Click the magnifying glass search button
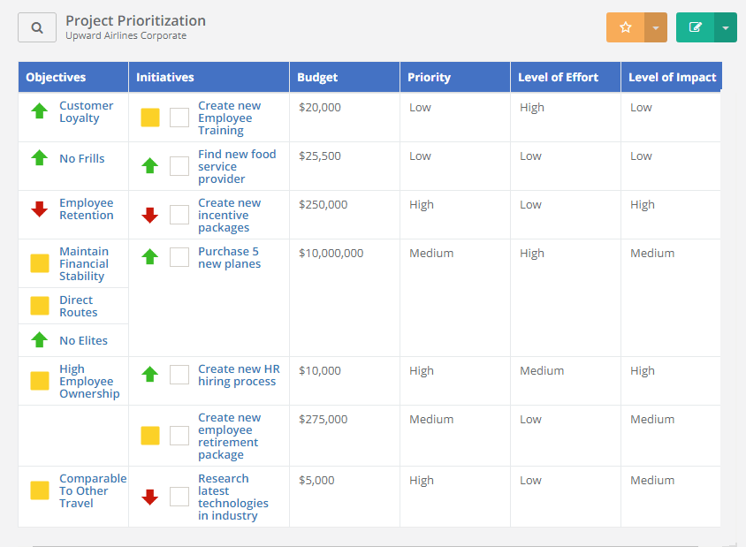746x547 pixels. click(x=37, y=27)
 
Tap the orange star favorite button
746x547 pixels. click(x=626, y=27)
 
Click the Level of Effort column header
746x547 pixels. click(x=558, y=77)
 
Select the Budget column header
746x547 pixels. click(x=317, y=77)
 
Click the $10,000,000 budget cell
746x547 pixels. click(x=331, y=253)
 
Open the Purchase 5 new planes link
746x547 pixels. click(x=229, y=257)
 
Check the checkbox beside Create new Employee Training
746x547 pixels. click(x=179, y=118)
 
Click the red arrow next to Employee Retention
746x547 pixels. click(x=39, y=209)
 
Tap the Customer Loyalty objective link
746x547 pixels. click(x=86, y=111)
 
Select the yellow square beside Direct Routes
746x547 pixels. click(x=40, y=306)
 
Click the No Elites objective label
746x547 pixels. click(x=83, y=340)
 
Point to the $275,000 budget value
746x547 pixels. click(x=323, y=419)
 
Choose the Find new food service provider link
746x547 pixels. click(x=236, y=166)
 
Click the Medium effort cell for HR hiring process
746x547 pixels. click(x=541, y=370)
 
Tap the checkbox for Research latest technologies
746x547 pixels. click(x=179, y=497)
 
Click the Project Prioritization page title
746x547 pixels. click(x=135, y=20)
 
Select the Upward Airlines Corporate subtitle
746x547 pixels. click(x=126, y=36)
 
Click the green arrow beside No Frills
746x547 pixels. click(x=39, y=158)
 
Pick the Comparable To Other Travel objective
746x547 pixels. click(x=92, y=490)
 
